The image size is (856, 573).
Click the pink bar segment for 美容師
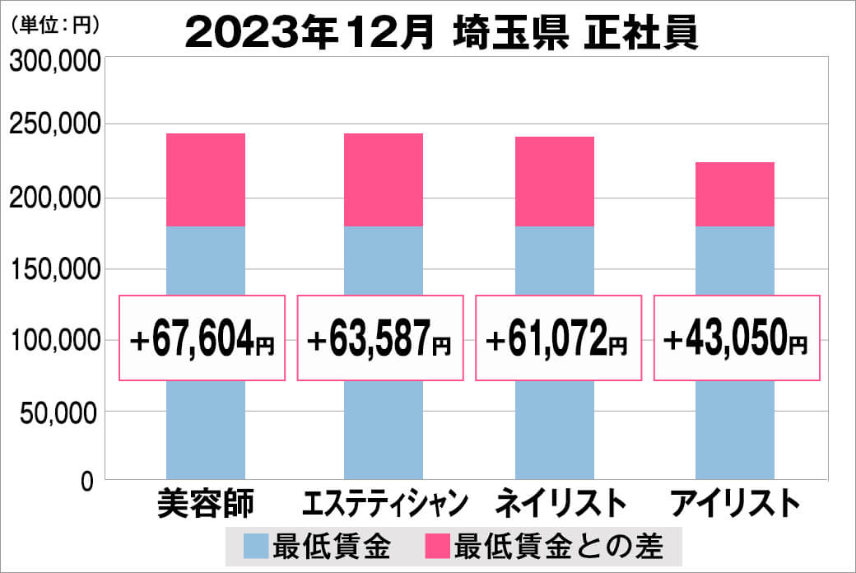point(206,179)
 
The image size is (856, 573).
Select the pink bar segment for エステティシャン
point(384,179)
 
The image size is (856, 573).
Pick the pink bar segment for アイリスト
point(734,194)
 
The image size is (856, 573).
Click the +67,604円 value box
point(202,338)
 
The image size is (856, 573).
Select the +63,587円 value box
point(379,338)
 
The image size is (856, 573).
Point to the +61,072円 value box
point(558,338)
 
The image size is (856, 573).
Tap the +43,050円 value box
point(737,338)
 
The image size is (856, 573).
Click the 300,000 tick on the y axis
point(53,63)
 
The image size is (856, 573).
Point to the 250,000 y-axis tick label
point(53,125)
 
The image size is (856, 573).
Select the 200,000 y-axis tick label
point(53,198)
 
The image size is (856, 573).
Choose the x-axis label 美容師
point(205,503)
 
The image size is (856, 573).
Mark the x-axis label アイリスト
point(734,503)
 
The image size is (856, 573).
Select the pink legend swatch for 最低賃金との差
point(437,546)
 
